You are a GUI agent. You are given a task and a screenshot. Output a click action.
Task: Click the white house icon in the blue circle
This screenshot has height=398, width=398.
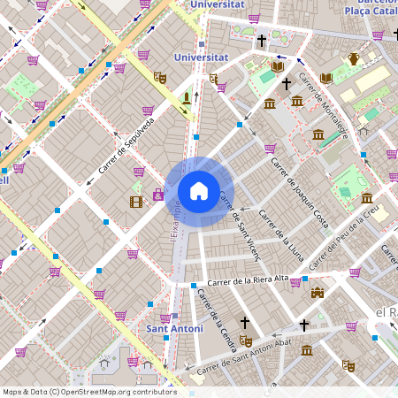click(x=199, y=191)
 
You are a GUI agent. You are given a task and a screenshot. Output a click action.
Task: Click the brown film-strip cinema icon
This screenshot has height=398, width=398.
click(x=135, y=202)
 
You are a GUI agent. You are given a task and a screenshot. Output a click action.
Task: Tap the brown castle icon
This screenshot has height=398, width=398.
click(x=317, y=293)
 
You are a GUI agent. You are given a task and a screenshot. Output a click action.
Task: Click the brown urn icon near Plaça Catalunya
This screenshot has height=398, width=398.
click(x=354, y=59)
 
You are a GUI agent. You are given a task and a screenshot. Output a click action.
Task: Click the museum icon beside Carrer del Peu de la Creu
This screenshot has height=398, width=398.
click(x=366, y=197)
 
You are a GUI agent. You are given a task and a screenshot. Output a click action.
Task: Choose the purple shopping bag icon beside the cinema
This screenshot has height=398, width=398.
click(x=158, y=195)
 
